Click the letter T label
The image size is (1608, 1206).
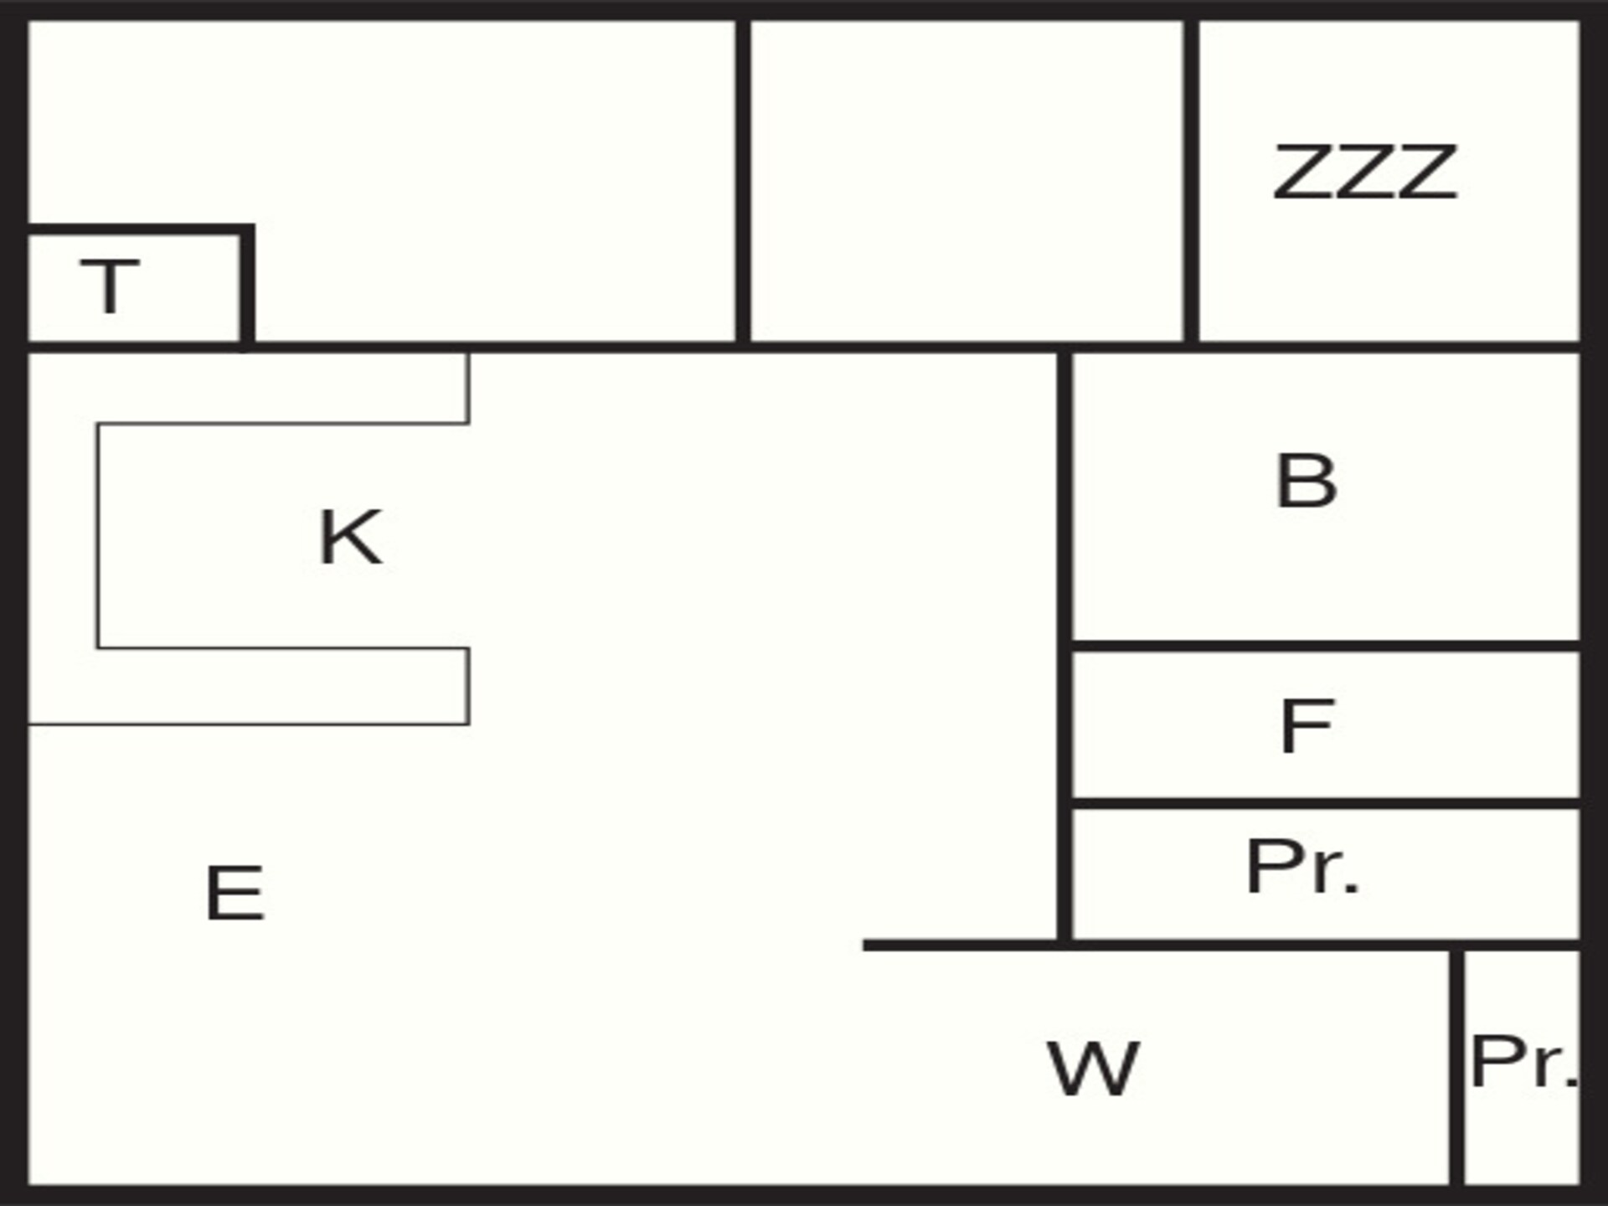[x=110, y=286]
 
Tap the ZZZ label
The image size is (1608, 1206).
[x=1365, y=172]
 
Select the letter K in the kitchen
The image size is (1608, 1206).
[x=350, y=537]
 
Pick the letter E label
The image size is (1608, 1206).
[x=235, y=894]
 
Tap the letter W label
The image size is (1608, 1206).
[x=1093, y=1069]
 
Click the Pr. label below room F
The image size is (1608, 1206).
[x=1301, y=867]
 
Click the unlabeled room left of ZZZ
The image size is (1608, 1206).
[x=966, y=180]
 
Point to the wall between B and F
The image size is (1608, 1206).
[x=1326, y=646]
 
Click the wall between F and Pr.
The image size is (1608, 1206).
[x=1326, y=804]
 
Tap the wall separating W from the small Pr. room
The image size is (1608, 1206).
[x=1457, y=1068]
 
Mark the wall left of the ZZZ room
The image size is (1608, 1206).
[x=1191, y=180]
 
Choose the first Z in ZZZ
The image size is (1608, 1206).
[x=1302, y=172]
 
